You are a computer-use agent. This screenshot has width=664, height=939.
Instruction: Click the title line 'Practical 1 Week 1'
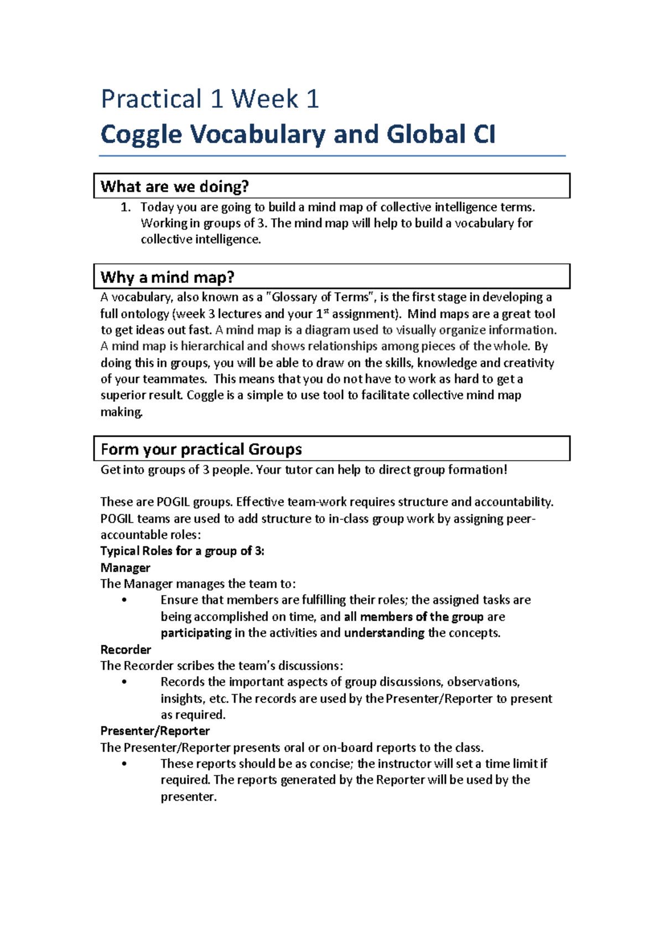click(x=210, y=100)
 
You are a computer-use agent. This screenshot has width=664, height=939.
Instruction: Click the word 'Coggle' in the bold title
click(x=141, y=135)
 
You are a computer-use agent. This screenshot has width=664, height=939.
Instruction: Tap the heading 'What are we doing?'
click(x=175, y=187)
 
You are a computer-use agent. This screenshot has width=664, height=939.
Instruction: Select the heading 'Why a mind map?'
click(x=168, y=277)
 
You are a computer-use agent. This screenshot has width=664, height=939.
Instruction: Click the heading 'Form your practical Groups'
click(x=201, y=449)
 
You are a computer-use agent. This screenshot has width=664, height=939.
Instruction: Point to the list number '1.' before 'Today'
click(x=126, y=207)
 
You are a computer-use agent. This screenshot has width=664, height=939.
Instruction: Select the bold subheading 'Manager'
click(x=126, y=568)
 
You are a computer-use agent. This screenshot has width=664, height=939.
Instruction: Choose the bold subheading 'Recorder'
click(x=126, y=650)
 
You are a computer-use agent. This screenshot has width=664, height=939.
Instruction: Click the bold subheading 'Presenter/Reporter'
click(x=155, y=731)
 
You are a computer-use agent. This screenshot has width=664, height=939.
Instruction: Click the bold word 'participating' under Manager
click(x=196, y=633)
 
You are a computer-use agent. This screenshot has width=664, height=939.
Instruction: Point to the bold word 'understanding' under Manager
click(x=384, y=633)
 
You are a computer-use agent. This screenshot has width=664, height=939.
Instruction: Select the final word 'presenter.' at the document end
click(x=189, y=797)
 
